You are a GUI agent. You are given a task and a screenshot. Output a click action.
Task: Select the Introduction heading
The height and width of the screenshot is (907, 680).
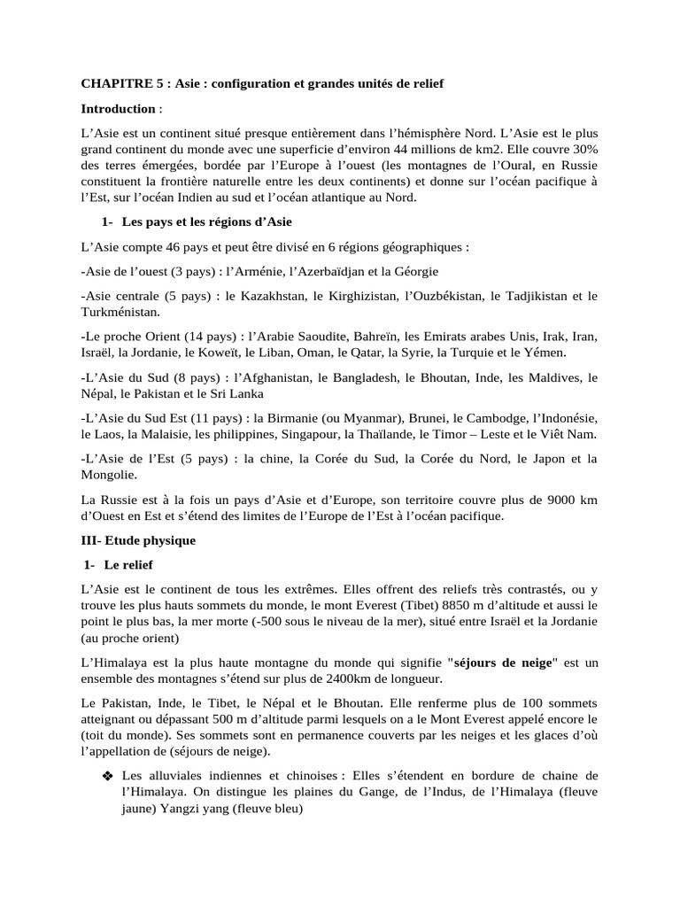118,109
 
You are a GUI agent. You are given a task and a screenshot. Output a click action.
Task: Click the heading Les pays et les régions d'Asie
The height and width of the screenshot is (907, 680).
206,221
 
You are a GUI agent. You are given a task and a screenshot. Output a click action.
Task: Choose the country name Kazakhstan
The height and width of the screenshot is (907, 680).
270,296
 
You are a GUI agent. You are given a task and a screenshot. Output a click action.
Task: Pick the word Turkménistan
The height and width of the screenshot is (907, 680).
120,313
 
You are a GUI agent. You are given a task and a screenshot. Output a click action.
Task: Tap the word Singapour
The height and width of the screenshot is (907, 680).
319,434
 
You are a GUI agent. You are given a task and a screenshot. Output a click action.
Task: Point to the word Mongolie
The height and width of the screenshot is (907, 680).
109,475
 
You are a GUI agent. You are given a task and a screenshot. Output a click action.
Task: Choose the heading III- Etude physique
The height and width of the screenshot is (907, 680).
138,539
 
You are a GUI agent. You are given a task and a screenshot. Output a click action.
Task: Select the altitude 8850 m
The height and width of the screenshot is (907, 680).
461,605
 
